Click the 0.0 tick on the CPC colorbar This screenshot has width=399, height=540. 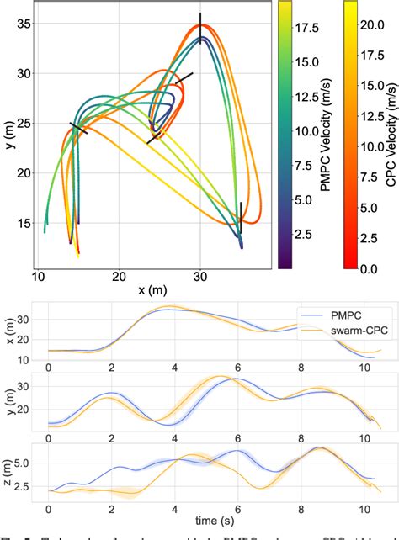(373, 268)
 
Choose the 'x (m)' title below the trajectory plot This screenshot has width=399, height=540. (153, 291)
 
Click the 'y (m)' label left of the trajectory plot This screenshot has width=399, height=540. (8, 133)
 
